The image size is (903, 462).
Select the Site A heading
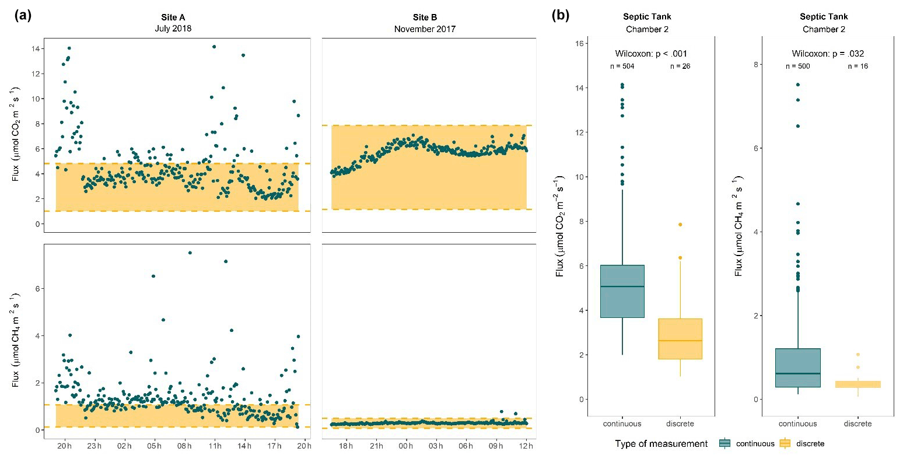coord(173,17)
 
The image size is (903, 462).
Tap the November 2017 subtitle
coord(425,29)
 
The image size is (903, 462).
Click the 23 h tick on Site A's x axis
coord(94,446)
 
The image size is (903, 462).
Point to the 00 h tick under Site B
coord(406,446)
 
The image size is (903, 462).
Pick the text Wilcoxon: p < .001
coord(651,54)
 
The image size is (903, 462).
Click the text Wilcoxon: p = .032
coord(828,54)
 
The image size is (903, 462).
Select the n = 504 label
coord(622,66)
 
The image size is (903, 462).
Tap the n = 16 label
coord(857,66)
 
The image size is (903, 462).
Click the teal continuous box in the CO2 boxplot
coord(622,292)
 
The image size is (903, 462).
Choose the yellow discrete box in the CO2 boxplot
coord(680,339)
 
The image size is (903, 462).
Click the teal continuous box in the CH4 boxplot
coord(797,367)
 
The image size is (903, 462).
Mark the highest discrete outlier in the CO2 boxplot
coord(680,225)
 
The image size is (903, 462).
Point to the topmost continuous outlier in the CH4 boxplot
coord(797,85)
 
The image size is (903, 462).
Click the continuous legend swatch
coord(725,443)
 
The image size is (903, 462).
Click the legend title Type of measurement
coord(661,444)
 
